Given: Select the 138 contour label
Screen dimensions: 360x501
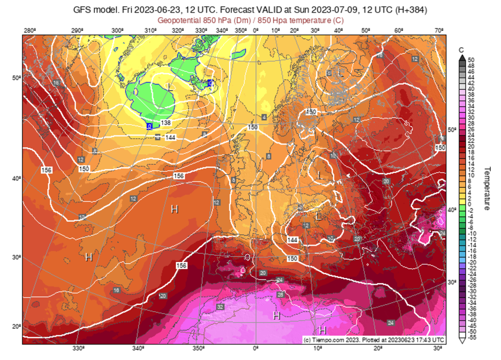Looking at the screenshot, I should click(x=165, y=123).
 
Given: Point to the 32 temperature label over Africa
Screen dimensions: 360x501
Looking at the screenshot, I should click(x=220, y=307).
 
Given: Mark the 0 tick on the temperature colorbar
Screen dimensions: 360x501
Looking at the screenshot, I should click(x=470, y=204).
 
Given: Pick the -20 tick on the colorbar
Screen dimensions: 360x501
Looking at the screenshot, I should click(x=472, y=262).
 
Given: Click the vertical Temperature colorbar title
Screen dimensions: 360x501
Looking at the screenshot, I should click(x=487, y=188).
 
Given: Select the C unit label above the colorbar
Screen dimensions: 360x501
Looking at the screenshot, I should click(x=461, y=50).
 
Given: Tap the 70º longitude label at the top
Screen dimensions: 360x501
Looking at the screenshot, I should click(x=440, y=30).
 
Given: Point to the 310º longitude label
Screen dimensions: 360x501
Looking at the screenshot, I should click(x=151, y=30).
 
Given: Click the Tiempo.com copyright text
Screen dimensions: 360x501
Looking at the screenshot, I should click(x=374, y=339).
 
